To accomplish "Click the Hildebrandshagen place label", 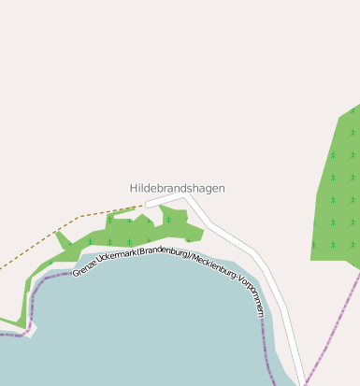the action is click(x=177, y=188).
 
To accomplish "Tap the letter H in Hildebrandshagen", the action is click(x=134, y=188).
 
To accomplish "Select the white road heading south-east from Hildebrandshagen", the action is click(x=248, y=252).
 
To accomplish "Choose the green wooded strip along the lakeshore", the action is click(x=140, y=234).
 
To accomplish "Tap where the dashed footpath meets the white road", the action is click(x=146, y=205).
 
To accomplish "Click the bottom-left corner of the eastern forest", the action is click(x=312, y=258).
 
